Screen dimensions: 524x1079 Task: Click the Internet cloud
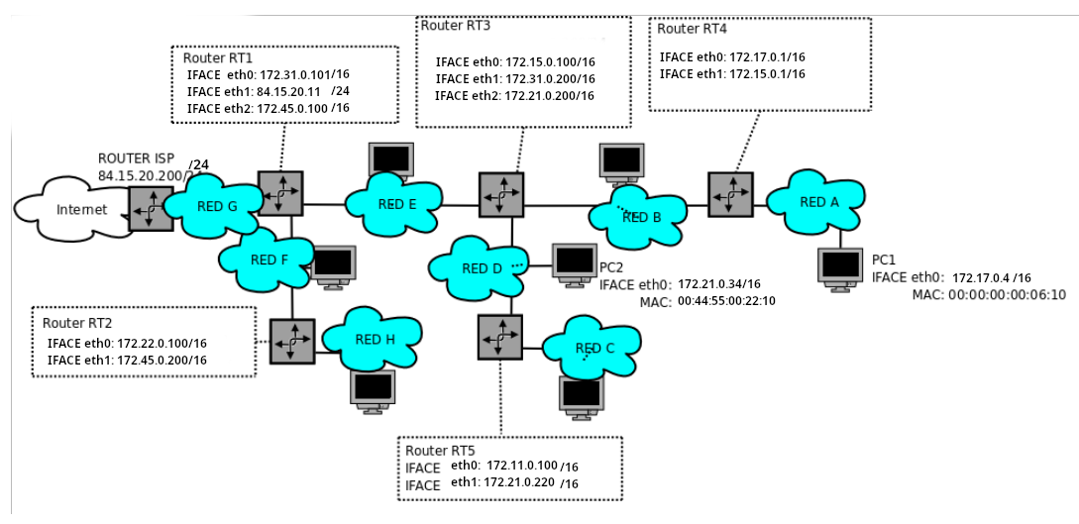tap(70, 209)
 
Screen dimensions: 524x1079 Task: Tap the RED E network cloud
tap(392, 203)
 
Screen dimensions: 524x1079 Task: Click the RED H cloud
tap(374, 338)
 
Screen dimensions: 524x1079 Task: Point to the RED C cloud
tap(594, 348)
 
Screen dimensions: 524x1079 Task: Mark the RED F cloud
tap(268, 260)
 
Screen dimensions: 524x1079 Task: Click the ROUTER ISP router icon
tap(151, 208)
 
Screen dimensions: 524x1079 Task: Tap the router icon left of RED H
tap(291, 341)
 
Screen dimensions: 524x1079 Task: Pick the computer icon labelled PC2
tap(576, 264)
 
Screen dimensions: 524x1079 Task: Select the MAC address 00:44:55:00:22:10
tap(726, 300)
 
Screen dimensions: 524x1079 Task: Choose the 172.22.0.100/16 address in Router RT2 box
tap(162, 343)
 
